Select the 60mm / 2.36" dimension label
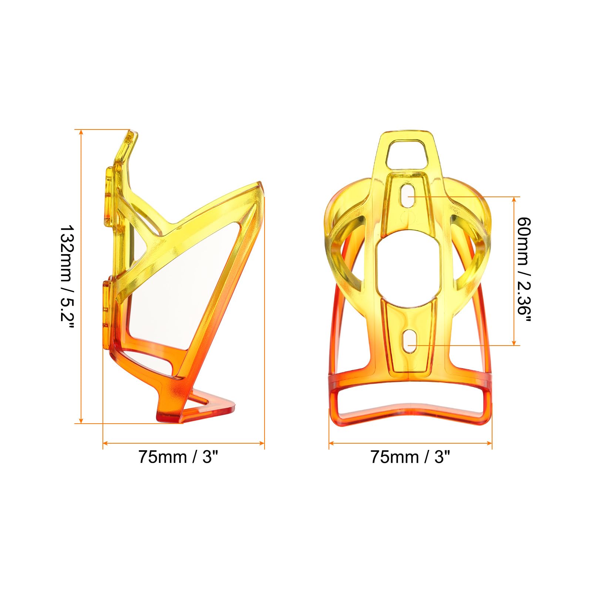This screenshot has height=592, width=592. point(524,271)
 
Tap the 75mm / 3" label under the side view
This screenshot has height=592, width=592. point(178,457)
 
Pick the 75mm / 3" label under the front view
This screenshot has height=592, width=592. point(410,457)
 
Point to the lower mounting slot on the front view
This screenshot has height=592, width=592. point(408,341)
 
